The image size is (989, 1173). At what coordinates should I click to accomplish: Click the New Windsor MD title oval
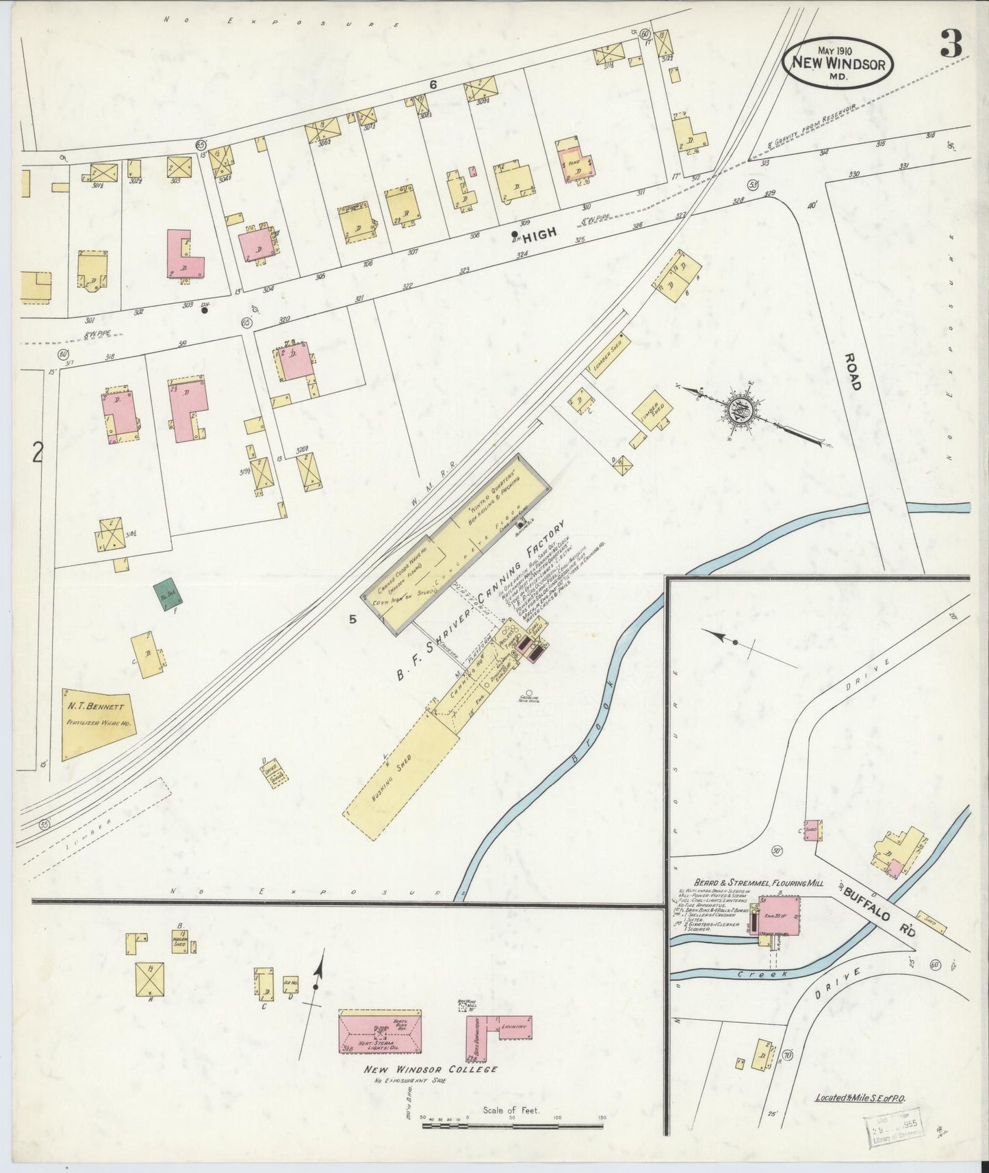[838, 60]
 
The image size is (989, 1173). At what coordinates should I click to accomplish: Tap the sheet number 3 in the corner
[951, 45]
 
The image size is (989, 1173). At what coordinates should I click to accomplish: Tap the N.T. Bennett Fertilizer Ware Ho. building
[97, 723]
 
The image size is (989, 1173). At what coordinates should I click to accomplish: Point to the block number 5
[353, 620]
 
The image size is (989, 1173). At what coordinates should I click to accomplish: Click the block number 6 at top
[433, 84]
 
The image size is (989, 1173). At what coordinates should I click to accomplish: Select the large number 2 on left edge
[38, 452]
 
